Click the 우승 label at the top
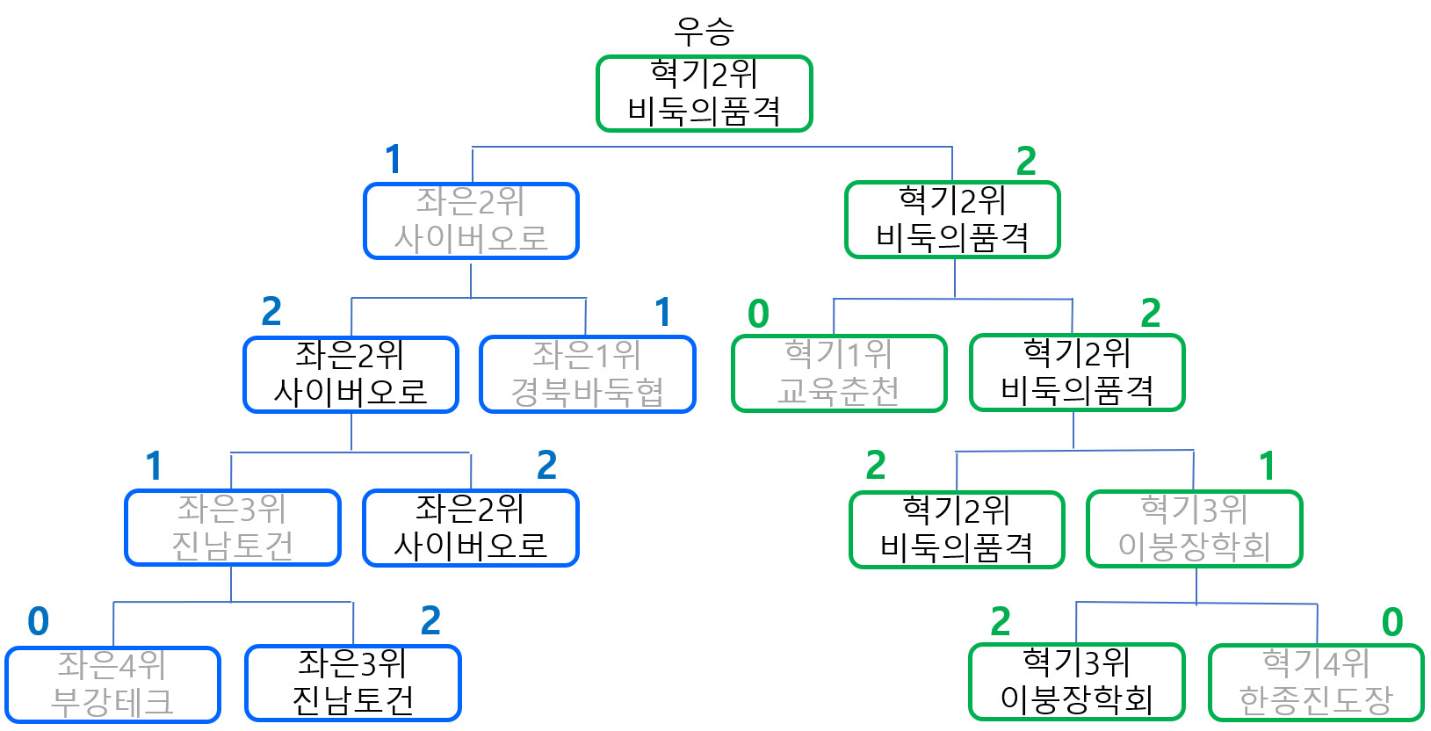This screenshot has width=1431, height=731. point(704,32)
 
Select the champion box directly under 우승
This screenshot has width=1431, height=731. point(704,93)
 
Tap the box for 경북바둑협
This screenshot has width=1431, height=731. point(587,374)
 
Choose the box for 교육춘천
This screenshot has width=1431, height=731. point(839,373)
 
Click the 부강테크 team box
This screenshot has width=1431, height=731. point(112,684)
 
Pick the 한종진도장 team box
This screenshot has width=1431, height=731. point(1316,683)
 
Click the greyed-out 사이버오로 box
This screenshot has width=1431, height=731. point(471,221)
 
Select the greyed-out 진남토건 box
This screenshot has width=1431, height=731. point(232,527)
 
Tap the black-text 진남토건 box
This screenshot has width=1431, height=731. point(352,683)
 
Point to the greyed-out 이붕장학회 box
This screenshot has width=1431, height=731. point(1194,529)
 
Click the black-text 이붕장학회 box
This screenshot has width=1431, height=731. point(1076,682)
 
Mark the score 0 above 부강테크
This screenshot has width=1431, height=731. point(39,621)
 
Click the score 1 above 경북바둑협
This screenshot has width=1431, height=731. point(663,312)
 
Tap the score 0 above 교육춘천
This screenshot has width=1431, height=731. point(758,314)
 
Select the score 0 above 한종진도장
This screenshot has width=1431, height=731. point(1392,622)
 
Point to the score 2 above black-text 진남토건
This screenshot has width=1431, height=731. point(430,621)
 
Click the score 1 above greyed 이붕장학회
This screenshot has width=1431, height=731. point(1267,467)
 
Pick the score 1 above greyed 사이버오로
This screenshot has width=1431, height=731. point(394,160)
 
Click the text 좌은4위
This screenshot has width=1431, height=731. point(112,665)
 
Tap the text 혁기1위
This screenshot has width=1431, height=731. point(838,354)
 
